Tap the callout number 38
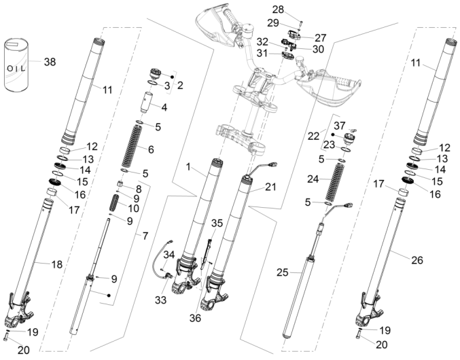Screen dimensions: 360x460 [50, 62]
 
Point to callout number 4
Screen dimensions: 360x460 [164, 107]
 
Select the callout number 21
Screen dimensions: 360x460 [270, 185]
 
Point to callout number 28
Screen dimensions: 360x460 [278, 10]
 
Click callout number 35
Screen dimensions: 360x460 [217, 223]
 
